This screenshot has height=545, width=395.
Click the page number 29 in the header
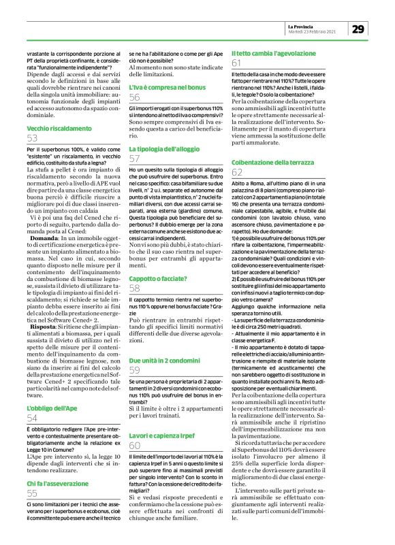tap(359, 29)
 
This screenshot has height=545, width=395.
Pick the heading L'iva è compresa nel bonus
tap(166, 88)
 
